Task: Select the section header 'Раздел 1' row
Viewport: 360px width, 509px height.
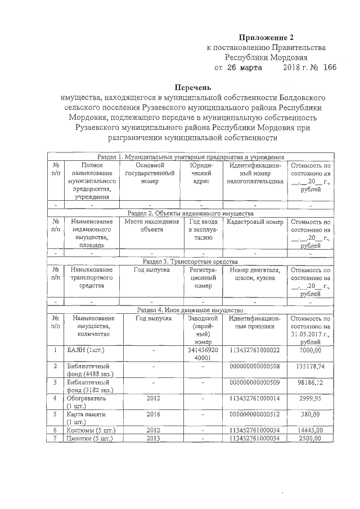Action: pos(190,156)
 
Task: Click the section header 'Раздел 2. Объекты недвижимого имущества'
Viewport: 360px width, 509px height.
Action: pos(190,213)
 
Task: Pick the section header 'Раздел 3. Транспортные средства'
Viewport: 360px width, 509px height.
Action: pos(190,262)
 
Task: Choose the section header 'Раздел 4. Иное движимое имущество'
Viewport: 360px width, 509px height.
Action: pos(190,310)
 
